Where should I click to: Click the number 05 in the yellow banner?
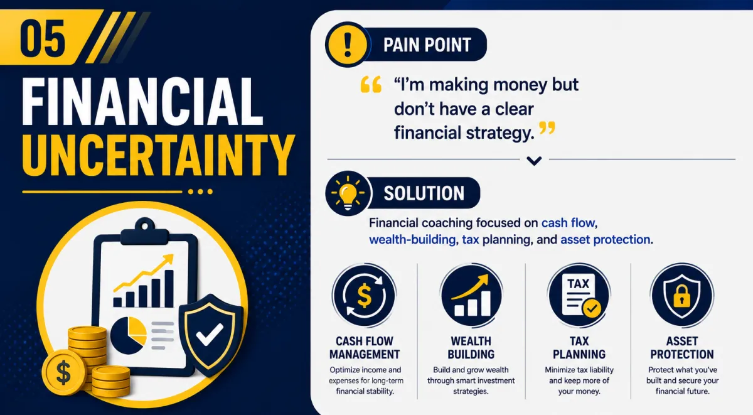point(43,38)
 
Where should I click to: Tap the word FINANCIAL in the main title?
point(142,102)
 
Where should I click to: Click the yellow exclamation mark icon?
point(348,45)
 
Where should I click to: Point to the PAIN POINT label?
point(427,45)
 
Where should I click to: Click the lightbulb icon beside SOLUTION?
point(348,193)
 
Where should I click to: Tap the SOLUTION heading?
point(424,193)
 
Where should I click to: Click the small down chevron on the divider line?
point(534,161)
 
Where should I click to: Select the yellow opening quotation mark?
point(371,84)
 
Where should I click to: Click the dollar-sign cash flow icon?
point(365,295)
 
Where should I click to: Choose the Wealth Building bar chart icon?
point(471,295)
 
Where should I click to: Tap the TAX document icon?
point(579,295)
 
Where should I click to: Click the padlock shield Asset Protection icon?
point(681,295)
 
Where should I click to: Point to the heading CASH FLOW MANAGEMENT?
point(365,348)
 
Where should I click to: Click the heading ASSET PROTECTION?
point(681,348)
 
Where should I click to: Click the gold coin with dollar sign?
point(63,372)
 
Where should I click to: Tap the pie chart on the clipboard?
point(129,335)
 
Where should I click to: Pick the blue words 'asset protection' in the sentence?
point(605,239)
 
